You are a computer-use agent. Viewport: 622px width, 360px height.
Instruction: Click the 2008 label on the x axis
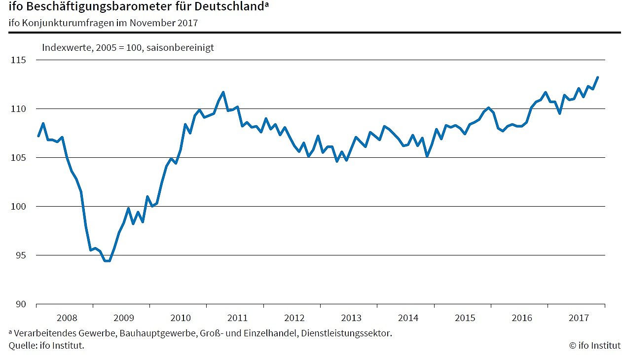pyautogui.click(x=66, y=318)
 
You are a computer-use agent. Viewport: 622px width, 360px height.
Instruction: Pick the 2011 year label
pyautogui.click(x=237, y=318)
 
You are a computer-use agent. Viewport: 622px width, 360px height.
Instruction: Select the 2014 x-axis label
pyautogui.click(x=408, y=318)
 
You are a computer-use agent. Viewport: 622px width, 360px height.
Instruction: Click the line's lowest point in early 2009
pyautogui.click(x=107, y=261)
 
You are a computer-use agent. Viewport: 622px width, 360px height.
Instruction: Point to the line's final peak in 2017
pyautogui.click(x=597, y=77)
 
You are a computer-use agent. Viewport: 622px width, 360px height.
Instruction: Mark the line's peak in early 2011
pyautogui.click(x=223, y=92)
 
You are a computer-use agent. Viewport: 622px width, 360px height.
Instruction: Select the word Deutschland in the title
pyautogui.click(x=232, y=7)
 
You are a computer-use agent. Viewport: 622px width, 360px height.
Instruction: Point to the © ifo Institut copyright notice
pyautogui.click(x=595, y=346)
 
